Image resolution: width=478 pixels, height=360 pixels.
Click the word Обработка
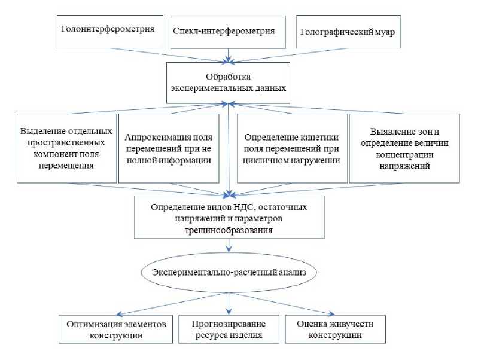[227, 77]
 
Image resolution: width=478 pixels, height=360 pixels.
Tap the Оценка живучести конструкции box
[336, 329]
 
